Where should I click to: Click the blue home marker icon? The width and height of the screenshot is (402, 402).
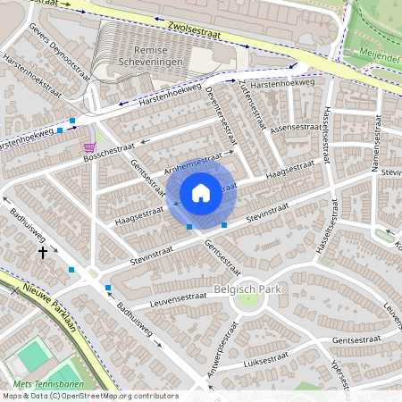click(201, 193)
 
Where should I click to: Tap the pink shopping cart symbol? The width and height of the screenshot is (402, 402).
click(88, 147)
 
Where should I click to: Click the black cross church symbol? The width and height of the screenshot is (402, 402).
click(42, 253)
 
